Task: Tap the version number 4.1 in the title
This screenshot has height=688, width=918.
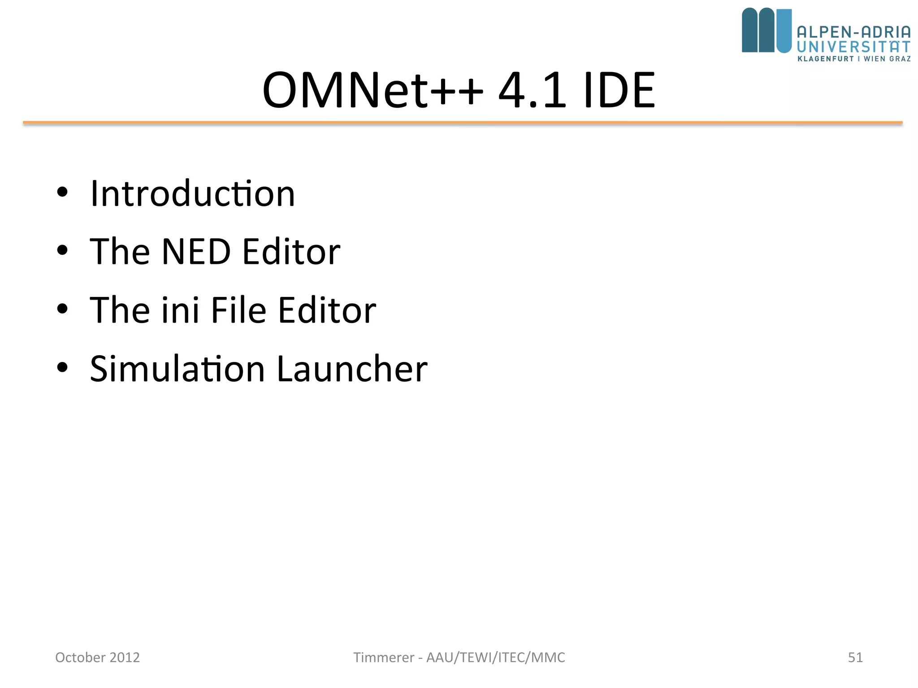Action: (x=532, y=90)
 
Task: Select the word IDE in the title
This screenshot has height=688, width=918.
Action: (x=619, y=90)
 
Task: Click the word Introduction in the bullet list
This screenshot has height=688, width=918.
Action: (x=193, y=193)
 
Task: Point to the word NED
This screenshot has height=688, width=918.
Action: (x=196, y=252)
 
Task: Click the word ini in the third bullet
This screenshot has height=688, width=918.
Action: (x=180, y=310)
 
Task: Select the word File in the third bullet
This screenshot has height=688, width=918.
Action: (x=238, y=310)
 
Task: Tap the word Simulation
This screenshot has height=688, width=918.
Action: (x=178, y=369)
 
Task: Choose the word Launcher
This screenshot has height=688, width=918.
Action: (x=352, y=369)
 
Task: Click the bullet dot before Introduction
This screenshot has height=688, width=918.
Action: (x=62, y=192)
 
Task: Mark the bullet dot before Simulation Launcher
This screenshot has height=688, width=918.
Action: (x=62, y=367)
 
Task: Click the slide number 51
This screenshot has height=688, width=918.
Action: (x=855, y=658)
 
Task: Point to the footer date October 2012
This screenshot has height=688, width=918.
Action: (x=97, y=658)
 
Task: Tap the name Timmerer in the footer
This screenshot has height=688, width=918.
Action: (x=384, y=658)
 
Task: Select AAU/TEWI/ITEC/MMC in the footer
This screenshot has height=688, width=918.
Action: (x=496, y=658)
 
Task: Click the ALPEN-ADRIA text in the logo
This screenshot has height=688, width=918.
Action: (x=854, y=32)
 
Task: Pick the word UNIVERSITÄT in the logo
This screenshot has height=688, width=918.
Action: (x=854, y=47)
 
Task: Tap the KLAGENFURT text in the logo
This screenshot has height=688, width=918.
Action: (x=826, y=59)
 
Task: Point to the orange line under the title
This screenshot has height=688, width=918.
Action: (x=463, y=122)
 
